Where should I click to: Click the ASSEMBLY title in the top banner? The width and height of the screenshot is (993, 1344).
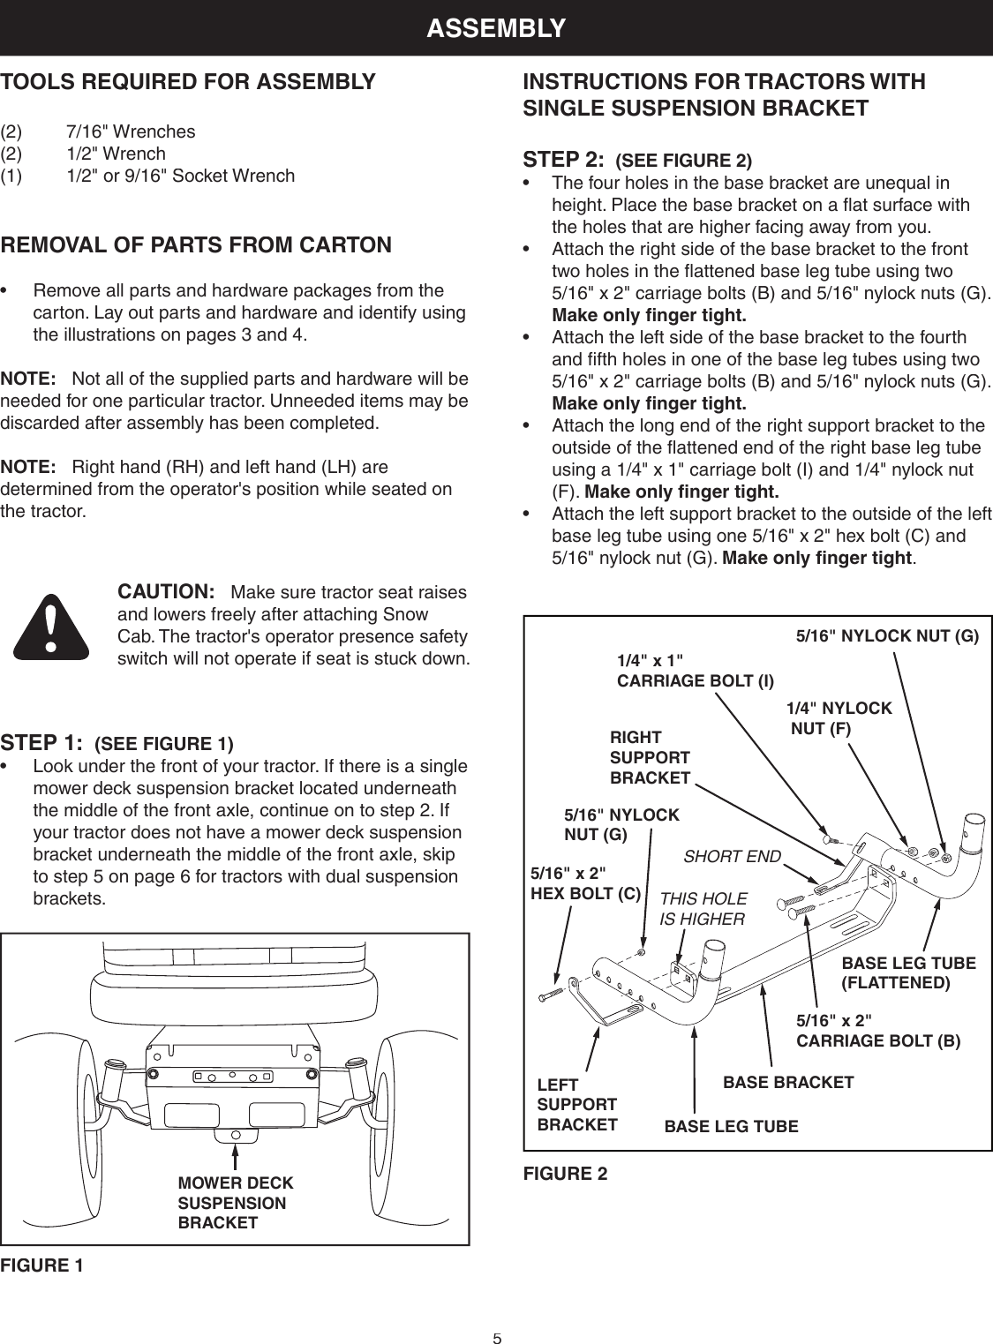(x=496, y=28)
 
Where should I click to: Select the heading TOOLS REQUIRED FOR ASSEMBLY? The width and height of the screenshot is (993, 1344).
(x=188, y=82)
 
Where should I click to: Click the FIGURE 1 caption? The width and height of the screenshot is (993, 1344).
(x=42, y=1265)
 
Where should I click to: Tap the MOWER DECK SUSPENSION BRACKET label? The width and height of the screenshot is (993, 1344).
(x=235, y=1203)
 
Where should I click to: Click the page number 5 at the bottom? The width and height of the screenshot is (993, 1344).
(x=497, y=1338)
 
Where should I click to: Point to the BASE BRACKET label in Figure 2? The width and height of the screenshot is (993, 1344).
(x=787, y=1081)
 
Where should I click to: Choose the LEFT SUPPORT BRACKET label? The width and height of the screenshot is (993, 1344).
(x=577, y=1104)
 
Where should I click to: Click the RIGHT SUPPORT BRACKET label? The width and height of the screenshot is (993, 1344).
(x=650, y=757)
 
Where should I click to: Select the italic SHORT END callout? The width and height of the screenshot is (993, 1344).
(x=733, y=856)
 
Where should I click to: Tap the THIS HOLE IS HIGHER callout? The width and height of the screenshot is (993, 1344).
(x=703, y=908)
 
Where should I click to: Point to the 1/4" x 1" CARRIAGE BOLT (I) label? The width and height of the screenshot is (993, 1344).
(x=695, y=671)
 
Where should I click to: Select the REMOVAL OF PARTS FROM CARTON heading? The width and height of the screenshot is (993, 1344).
(x=196, y=244)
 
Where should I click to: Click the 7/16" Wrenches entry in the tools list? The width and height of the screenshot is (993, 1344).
(x=131, y=132)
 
